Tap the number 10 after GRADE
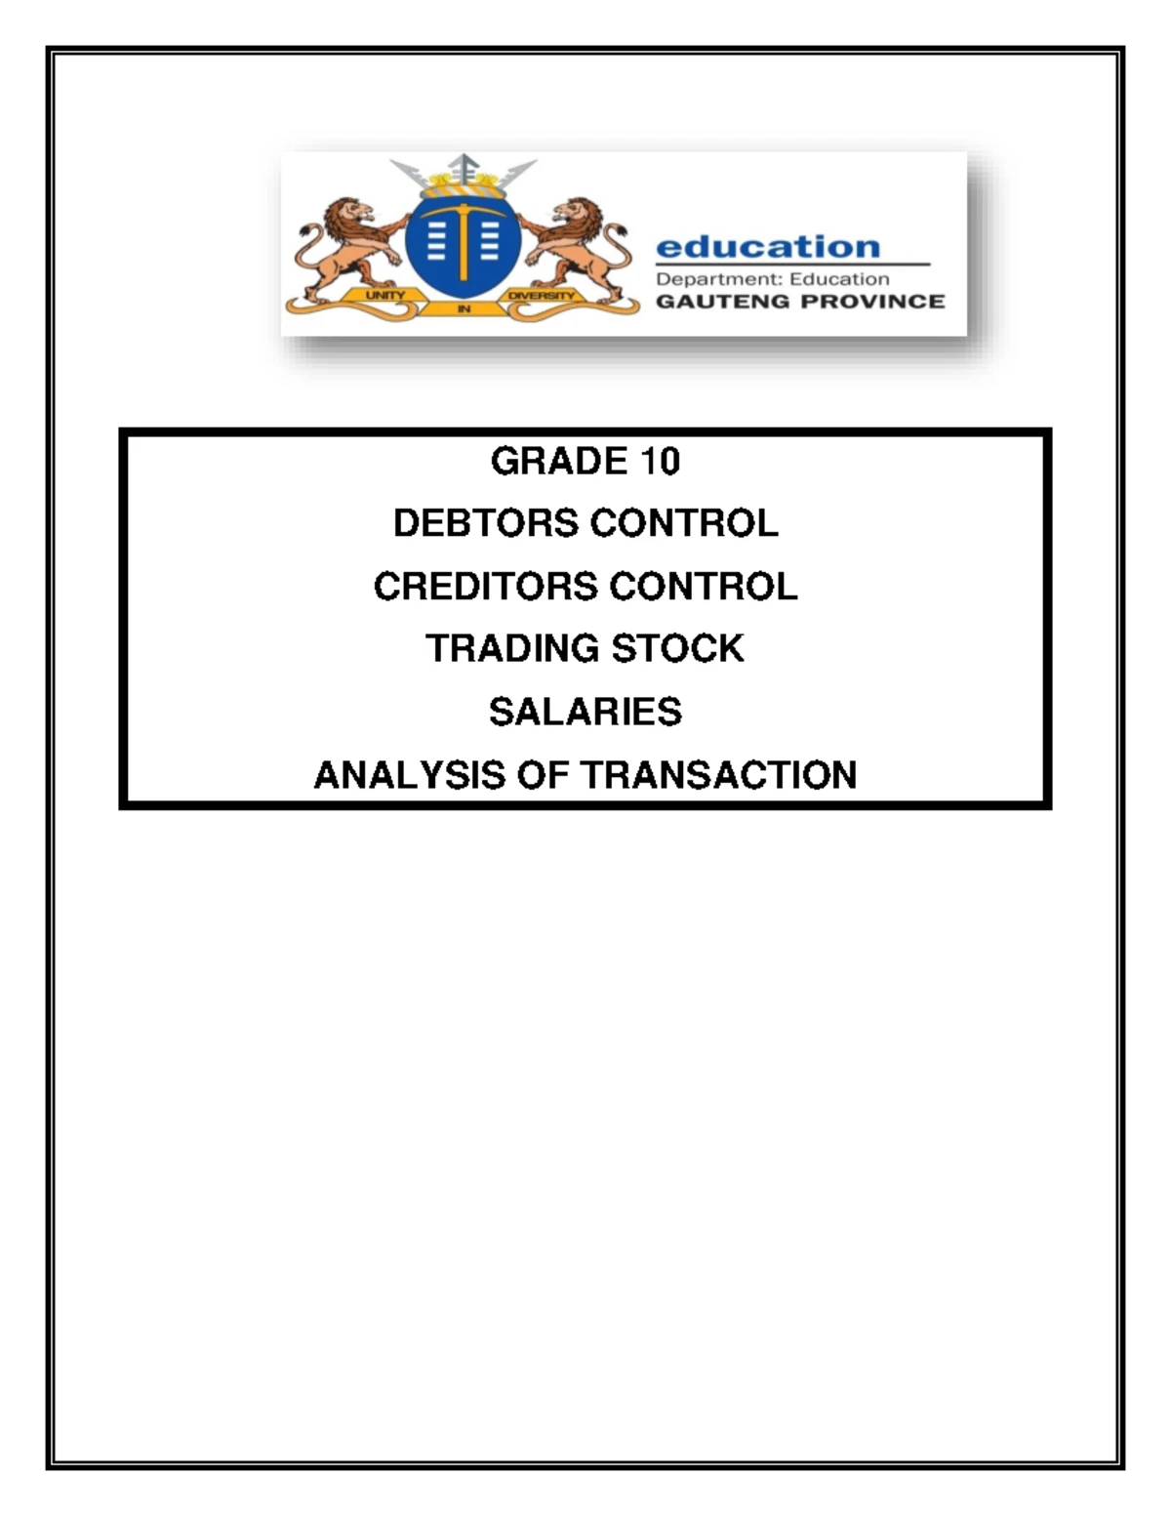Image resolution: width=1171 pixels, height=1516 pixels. [x=660, y=461]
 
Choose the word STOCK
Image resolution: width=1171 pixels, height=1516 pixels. [x=677, y=649]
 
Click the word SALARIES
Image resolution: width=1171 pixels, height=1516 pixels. [x=585, y=713]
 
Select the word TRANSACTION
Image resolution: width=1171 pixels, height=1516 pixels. [x=719, y=775]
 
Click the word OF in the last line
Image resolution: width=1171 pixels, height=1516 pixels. [x=544, y=775]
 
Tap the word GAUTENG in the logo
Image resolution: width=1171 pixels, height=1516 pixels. [x=721, y=302]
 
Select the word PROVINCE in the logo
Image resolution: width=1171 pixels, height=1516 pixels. [x=872, y=302]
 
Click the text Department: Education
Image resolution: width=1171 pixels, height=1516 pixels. [x=772, y=279]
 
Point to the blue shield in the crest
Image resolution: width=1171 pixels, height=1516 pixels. [x=463, y=245]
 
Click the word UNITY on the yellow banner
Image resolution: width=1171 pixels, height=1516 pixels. [x=384, y=295]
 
